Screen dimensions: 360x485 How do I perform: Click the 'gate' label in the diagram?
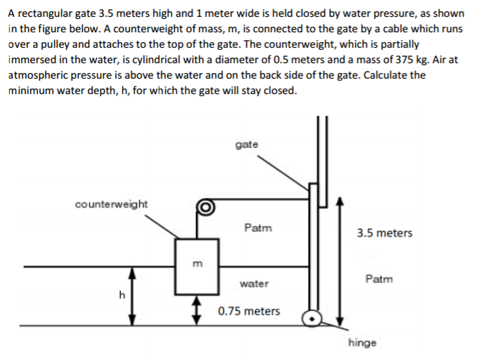(x=247, y=145)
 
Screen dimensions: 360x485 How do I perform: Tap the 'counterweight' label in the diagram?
(x=112, y=204)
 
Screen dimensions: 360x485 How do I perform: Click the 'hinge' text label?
(x=362, y=342)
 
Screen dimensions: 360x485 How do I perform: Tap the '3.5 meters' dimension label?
(x=385, y=233)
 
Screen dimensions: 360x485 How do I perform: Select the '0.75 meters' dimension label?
(x=248, y=311)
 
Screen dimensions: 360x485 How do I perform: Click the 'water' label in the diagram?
(x=253, y=284)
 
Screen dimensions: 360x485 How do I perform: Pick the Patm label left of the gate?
(x=258, y=227)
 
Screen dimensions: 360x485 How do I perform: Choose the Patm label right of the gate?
(x=379, y=279)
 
